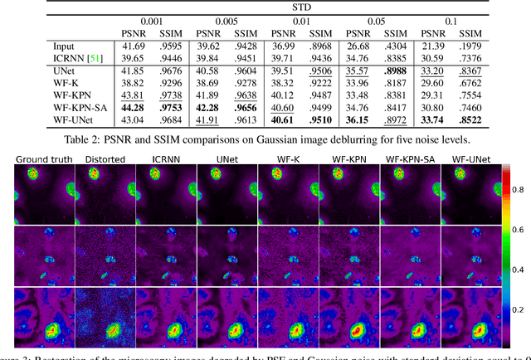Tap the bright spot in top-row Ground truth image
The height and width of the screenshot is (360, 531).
[x=35, y=175]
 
